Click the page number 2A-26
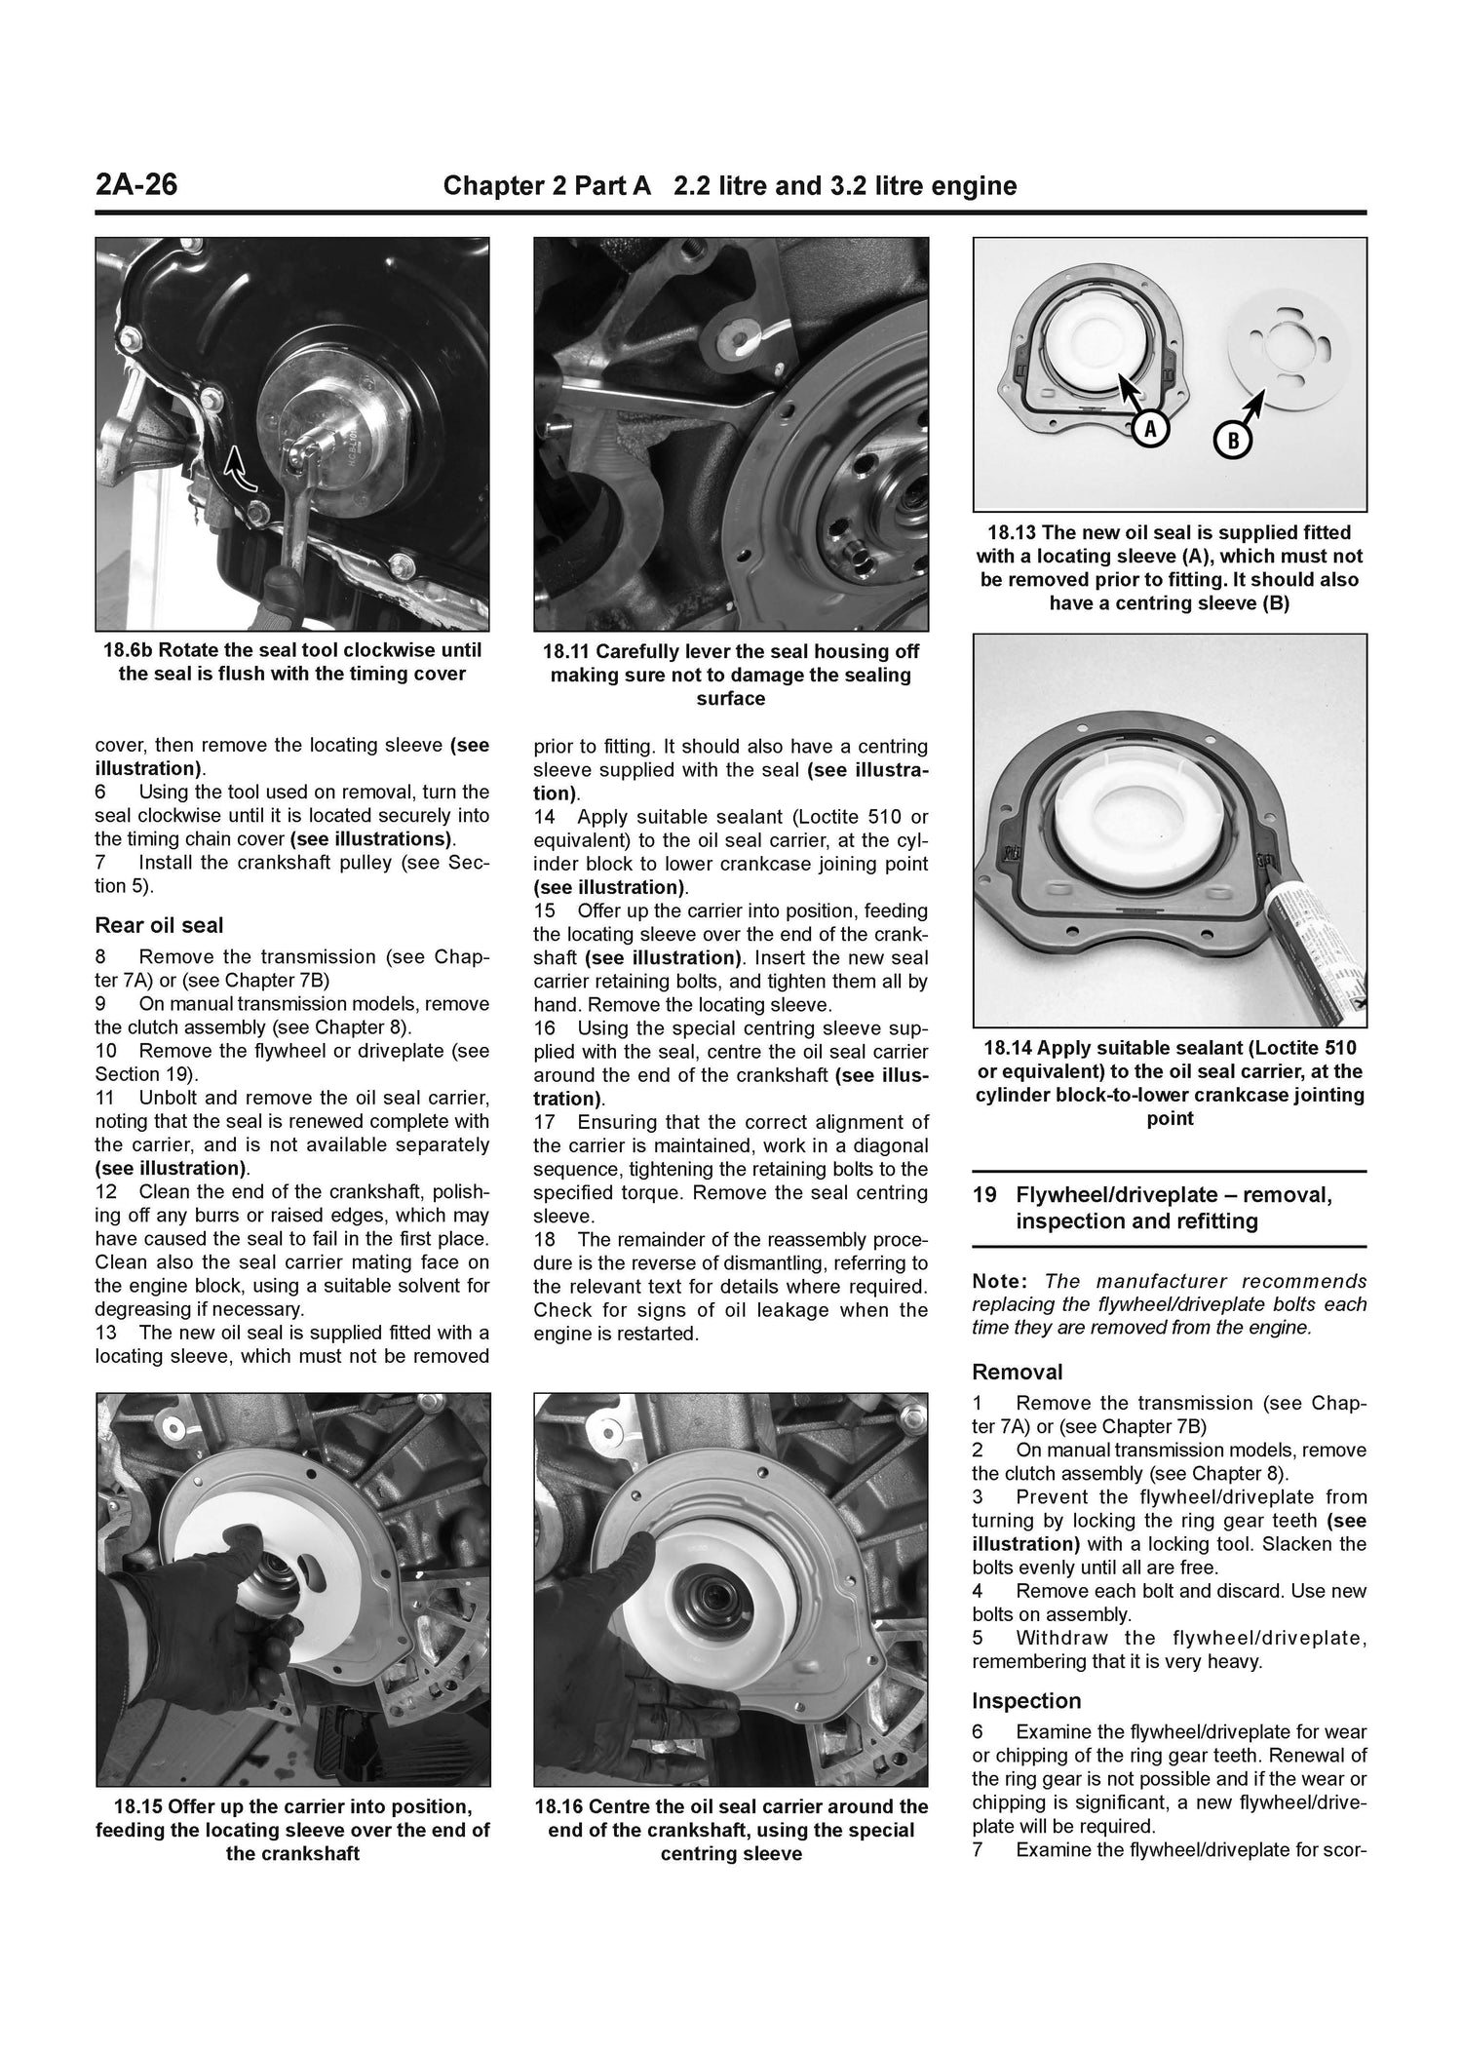[x=136, y=184]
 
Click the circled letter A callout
[x=1150, y=428]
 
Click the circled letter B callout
[x=1232, y=441]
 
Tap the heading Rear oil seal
[x=159, y=925]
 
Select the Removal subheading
[x=1017, y=1372]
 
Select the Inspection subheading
[x=1026, y=1700]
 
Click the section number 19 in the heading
[x=983, y=1195]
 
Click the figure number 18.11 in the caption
[x=569, y=651]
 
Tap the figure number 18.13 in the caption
[x=1013, y=533]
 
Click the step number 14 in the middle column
[x=544, y=817]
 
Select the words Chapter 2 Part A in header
[x=546, y=185]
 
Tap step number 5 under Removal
[x=978, y=1638]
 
